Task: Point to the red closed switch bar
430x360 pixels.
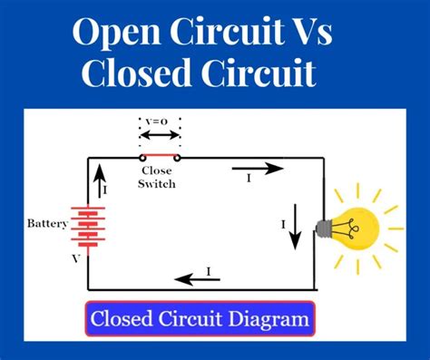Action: pos(159,158)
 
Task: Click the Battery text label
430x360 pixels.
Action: pos(47,223)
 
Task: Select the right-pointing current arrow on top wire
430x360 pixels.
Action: pos(259,167)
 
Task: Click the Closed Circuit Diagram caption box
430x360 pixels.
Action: pos(200,319)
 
